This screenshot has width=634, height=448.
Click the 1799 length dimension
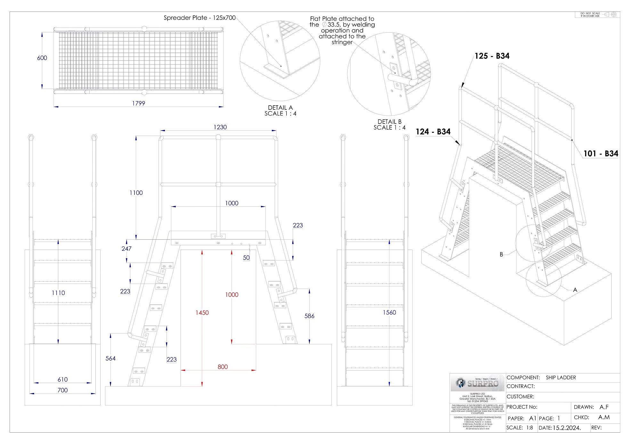tap(138, 103)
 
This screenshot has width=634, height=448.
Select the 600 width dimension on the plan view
tap(42, 58)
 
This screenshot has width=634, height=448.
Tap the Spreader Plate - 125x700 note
tap(199, 18)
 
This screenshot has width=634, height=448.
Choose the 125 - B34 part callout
tap(492, 56)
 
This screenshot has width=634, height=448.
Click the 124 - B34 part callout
tap(433, 132)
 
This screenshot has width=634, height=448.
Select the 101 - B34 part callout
tap(600, 154)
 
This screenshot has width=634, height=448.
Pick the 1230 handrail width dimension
tap(220, 127)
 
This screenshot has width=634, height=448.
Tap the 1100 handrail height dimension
tap(136, 193)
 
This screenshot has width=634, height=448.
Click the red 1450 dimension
tap(202, 313)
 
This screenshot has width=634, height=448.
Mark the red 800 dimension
tap(223, 367)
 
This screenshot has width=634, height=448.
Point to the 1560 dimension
tap(389, 313)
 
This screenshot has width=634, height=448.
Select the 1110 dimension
tap(58, 293)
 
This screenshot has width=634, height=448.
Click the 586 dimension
tap(309, 316)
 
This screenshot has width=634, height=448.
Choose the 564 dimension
tap(110, 359)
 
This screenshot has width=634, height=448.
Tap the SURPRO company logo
tap(477, 383)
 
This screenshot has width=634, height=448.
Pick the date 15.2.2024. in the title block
tap(566, 428)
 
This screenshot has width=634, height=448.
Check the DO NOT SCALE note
tap(590, 15)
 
